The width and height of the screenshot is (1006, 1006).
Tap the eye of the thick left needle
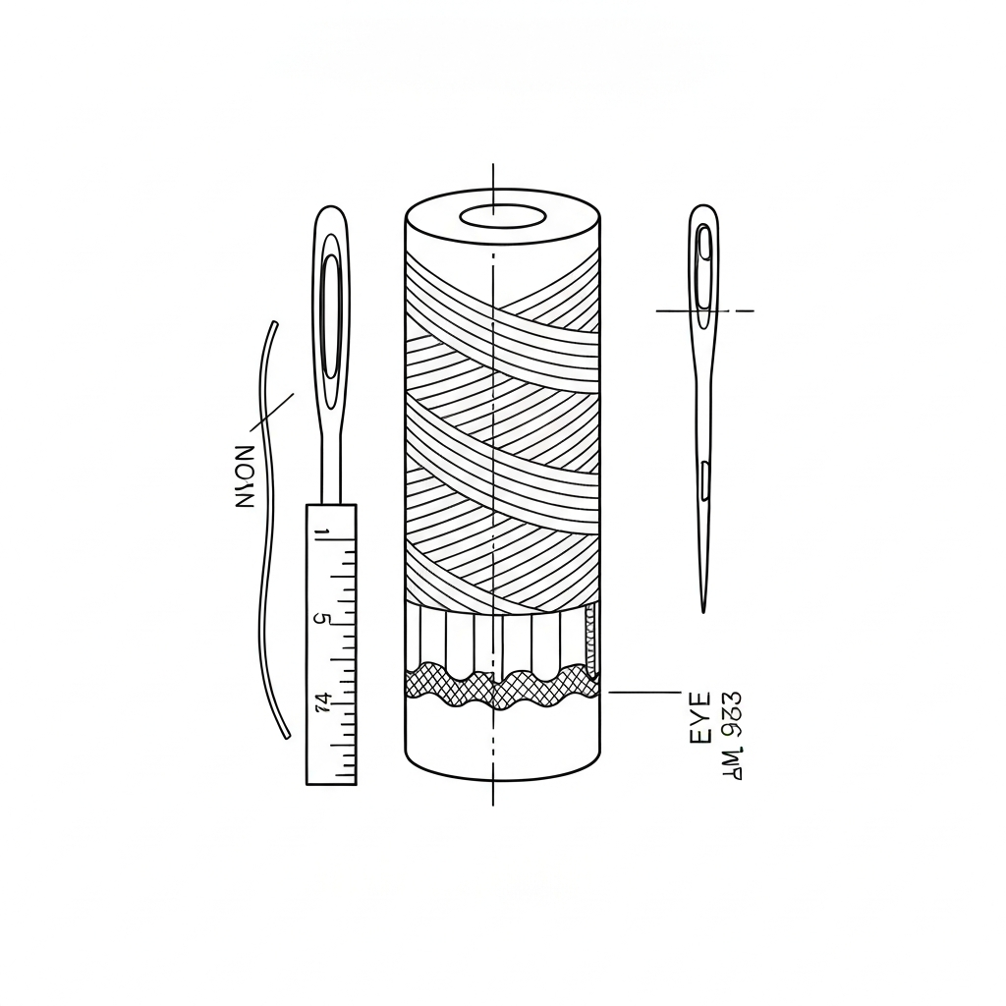(331, 314)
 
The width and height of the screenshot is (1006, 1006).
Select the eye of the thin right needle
(703, 265)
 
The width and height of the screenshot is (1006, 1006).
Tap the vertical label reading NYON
(245, 476)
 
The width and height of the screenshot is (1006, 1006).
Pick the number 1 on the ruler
(320, 533)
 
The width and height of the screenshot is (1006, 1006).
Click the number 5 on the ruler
(319, 619)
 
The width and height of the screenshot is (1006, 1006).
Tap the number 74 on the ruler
(321, 701)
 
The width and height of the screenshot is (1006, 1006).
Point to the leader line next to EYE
(643, 692)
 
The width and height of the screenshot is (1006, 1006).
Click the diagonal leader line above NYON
(273, 413)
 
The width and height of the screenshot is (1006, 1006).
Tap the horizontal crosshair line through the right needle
(678, 310)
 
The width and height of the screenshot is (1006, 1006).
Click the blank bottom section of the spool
(502, 742)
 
